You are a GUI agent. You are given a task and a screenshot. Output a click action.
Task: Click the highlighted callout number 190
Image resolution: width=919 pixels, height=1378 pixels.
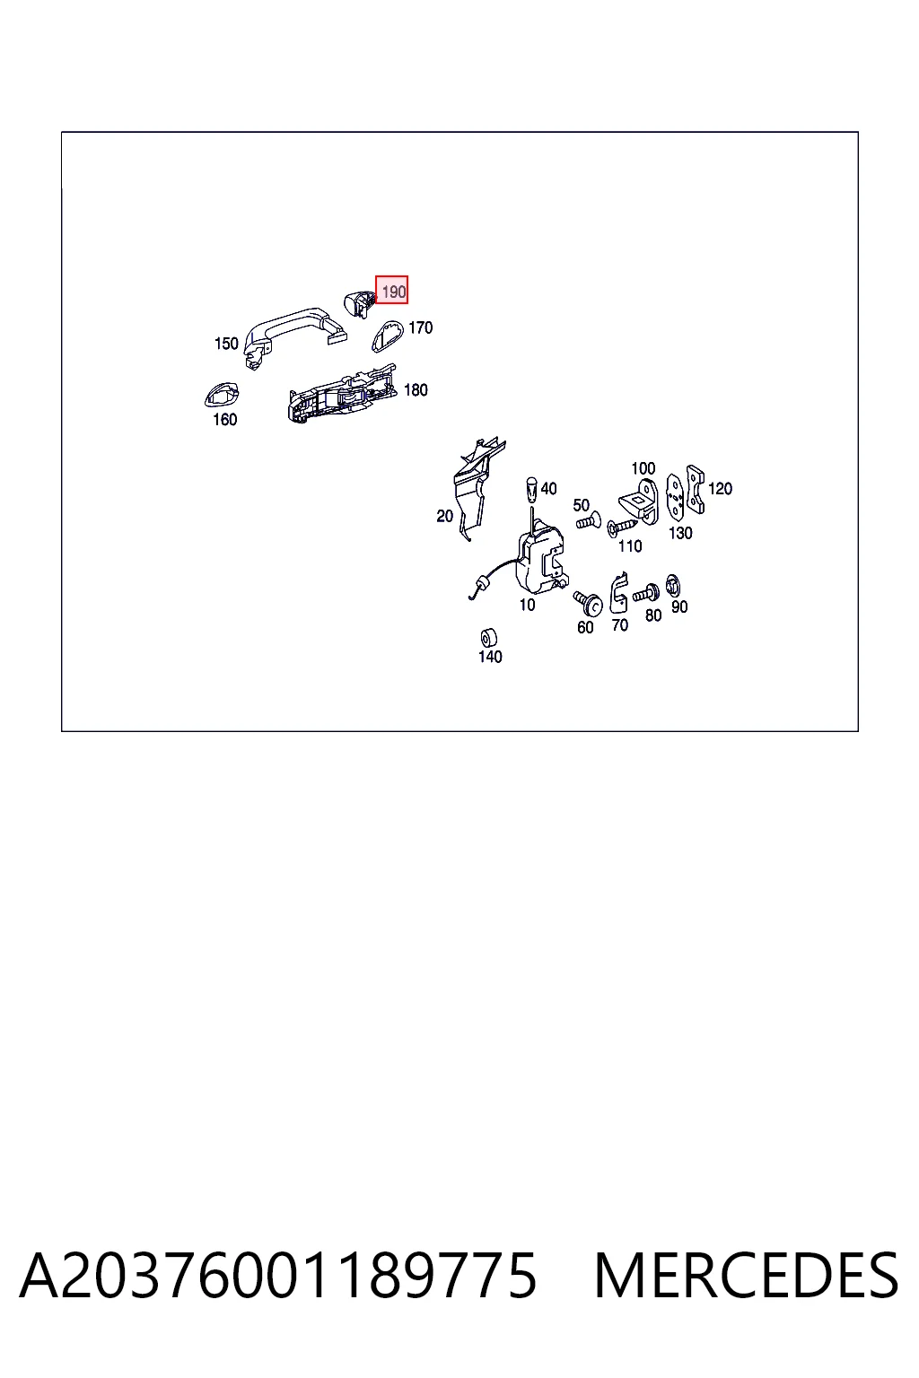tap(392, 290)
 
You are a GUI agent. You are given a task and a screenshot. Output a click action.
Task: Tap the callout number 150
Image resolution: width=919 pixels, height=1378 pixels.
tap(226, 344)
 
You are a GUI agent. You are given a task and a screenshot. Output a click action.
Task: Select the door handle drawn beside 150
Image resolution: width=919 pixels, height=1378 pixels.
tap(294, 337)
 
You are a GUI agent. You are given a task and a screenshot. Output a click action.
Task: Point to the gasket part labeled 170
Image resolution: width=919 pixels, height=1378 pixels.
tap(387, 336)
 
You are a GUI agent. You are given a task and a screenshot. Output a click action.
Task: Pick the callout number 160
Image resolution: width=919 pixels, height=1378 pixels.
tap(224, 420)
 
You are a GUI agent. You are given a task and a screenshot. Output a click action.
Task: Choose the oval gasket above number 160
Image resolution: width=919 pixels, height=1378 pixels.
tap(222, 395)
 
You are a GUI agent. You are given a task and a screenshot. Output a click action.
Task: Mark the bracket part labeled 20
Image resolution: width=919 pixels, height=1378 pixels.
tap(477, 489)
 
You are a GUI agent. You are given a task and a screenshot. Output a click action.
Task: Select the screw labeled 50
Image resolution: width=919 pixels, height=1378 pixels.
tap(588, 521)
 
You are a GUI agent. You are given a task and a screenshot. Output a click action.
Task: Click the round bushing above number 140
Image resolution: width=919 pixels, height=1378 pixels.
tap(489, 637)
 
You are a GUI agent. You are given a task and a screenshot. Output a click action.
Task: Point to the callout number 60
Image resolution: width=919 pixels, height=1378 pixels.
tap(585, 627)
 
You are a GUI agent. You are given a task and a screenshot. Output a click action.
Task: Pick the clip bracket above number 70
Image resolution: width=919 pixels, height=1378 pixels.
tap(618, 592)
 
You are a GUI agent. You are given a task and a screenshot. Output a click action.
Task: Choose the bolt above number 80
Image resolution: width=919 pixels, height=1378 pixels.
tap(646, 594)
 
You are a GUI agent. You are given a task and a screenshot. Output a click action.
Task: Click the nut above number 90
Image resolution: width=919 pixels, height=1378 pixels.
tap(673, 586)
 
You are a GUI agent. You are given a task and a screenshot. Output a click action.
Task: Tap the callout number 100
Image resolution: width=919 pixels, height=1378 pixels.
tap(643, 469)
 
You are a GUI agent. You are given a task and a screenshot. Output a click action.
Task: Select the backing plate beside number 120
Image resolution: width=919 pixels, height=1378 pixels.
tap(695, 489)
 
